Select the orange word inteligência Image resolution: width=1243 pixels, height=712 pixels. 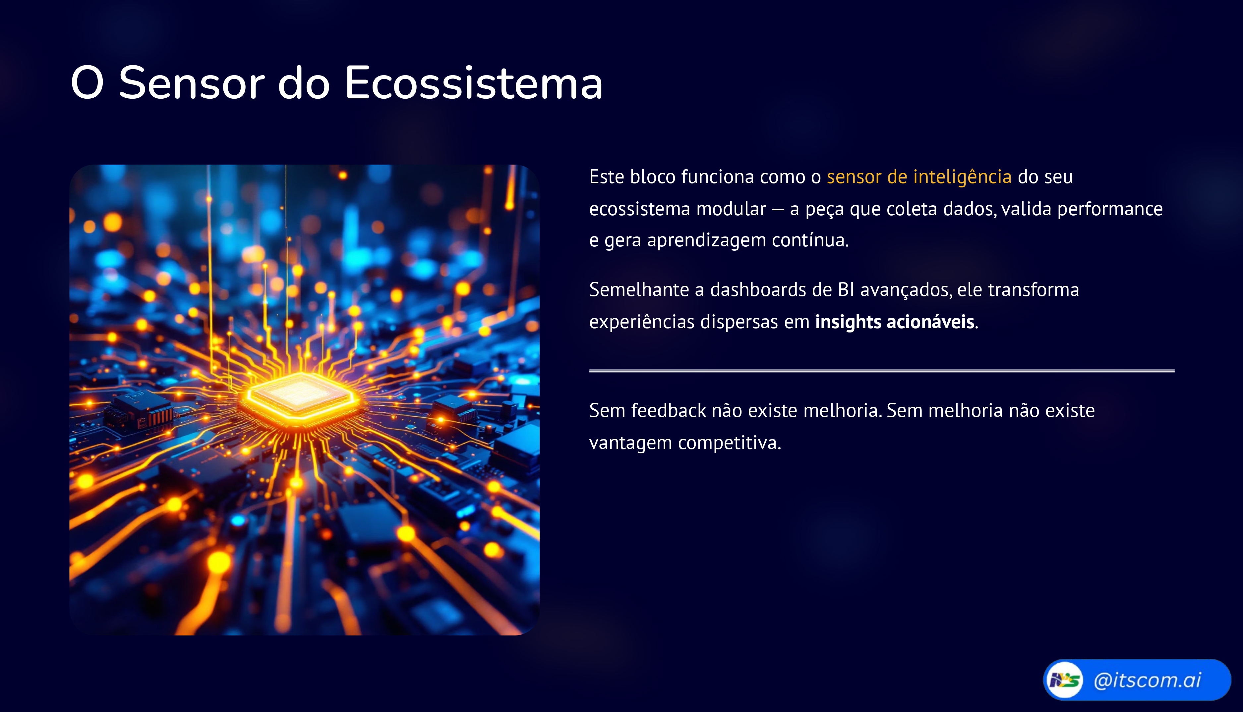point(962,177)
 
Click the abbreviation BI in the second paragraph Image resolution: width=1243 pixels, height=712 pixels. point(846,290)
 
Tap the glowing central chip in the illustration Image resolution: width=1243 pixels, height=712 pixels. point(300,395)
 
